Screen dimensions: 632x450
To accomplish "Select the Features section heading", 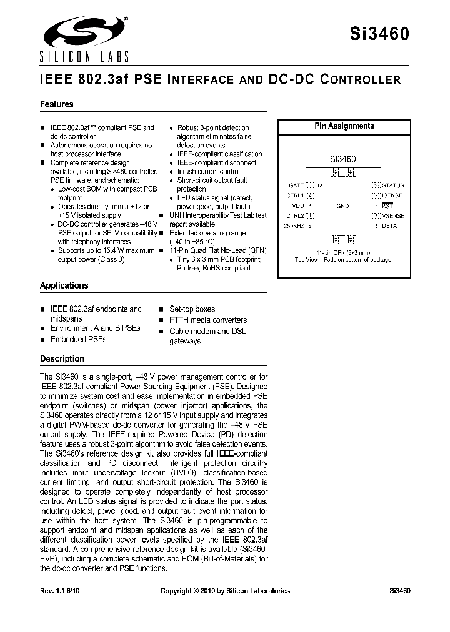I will [x=57, y=104].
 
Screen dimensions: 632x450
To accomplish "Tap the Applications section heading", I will [x=64, y=285].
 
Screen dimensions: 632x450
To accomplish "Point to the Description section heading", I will [x=62, y=358].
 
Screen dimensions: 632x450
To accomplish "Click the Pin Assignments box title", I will [x=344, y=126].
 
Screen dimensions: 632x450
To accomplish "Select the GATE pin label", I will [x=296, y=185].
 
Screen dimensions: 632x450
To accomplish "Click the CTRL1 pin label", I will [x=295, y=195].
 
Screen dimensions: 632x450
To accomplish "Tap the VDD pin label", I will [x=297, y=205].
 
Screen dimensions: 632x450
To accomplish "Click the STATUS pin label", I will [x=392, y=185].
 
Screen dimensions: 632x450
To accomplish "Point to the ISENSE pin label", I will [x=392, y=195].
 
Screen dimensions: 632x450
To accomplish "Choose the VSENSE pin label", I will [x=393, y=215].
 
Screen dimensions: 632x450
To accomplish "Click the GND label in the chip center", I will [x=342, y=205].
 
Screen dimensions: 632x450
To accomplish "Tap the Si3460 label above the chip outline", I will [x=342, y=159].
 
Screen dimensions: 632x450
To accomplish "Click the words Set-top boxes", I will [x=192, y=309].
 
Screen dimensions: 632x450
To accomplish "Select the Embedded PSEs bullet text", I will [x=79, y=339].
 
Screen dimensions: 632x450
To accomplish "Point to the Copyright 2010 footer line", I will [x=225, y=590].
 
